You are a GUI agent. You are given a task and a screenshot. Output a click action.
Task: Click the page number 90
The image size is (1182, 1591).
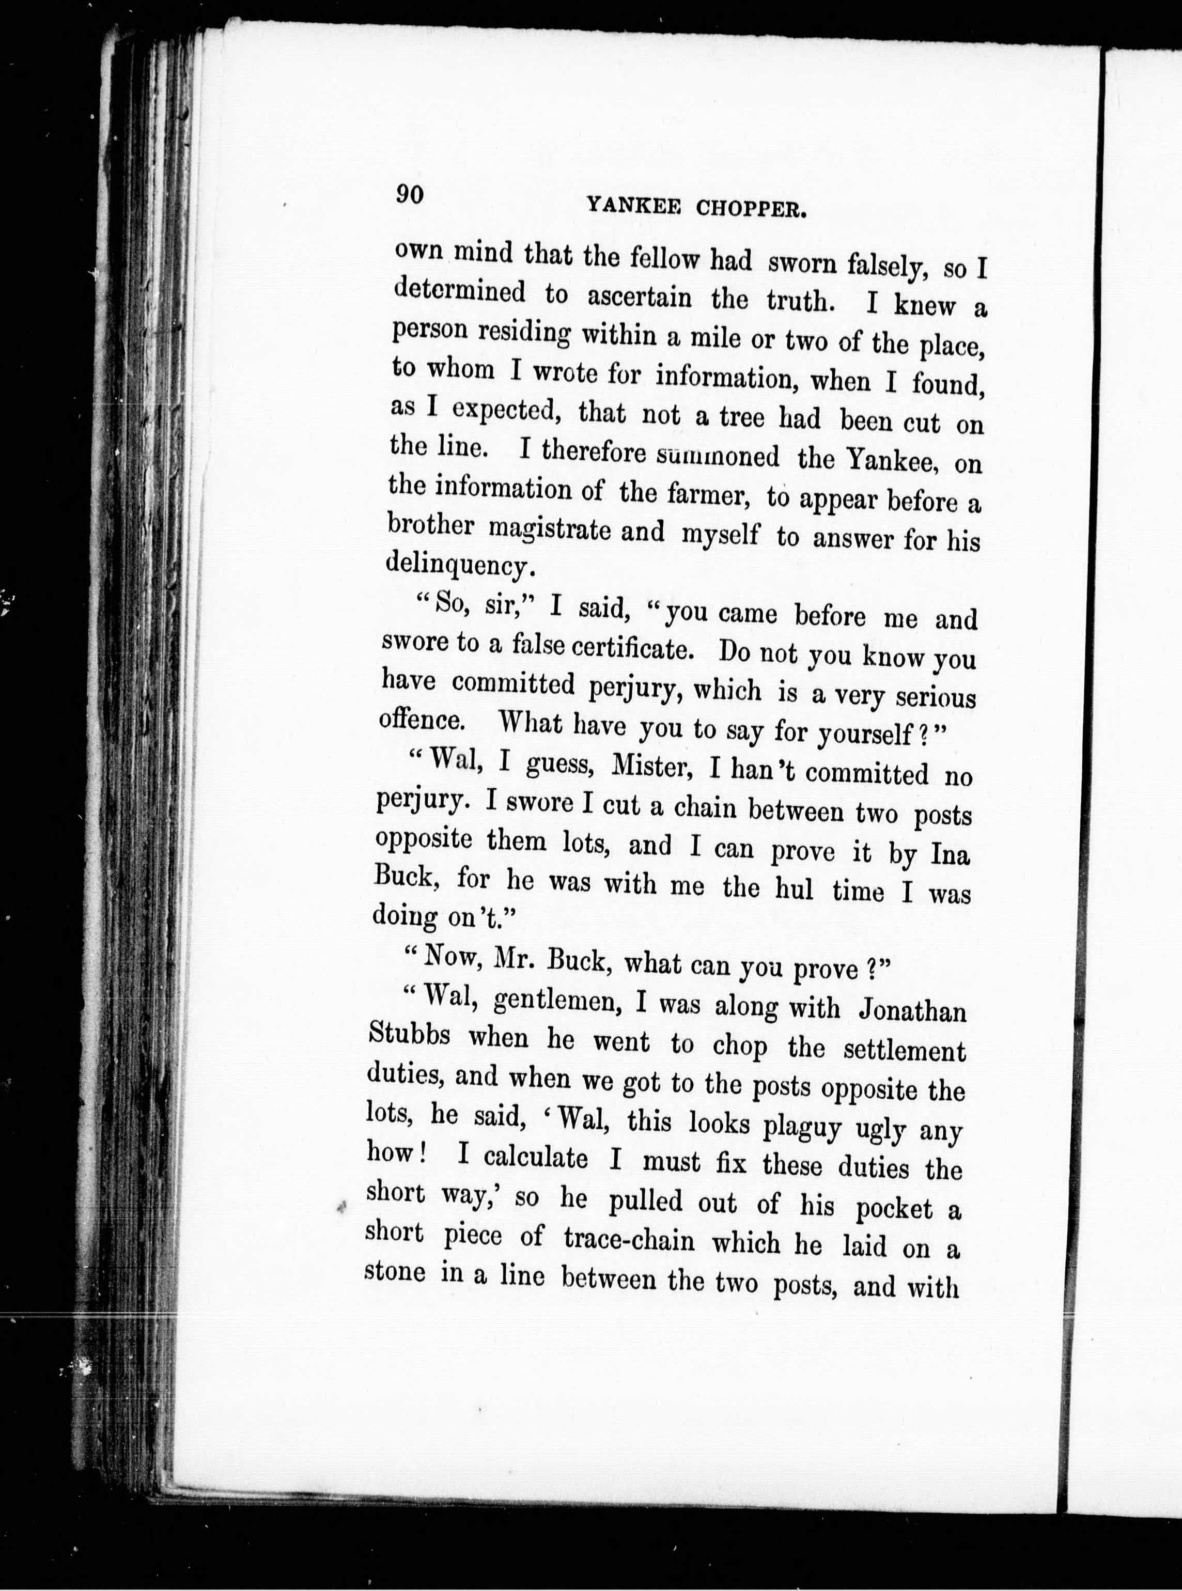411,195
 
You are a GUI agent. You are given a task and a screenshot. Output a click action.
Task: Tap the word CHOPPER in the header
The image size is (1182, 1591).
752,210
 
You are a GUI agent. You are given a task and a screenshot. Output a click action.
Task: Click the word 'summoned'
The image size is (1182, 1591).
719,456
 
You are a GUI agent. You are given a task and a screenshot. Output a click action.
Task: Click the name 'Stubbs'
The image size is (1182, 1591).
409,1035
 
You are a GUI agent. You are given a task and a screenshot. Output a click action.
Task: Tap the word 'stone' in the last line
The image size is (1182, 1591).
396,1273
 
